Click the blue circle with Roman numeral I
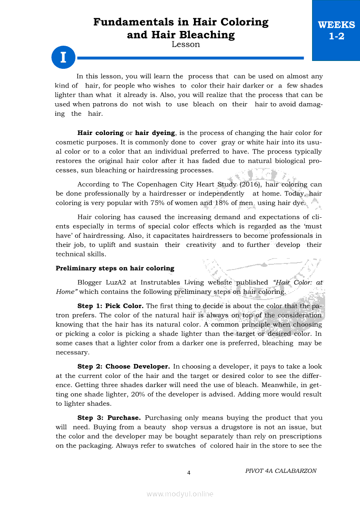(x=63, y=57)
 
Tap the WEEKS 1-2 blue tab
(x=336, y=30)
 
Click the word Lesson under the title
(x=186, y=44)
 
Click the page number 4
(x=189, y=472)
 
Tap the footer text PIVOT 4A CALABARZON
(x=281, y=471)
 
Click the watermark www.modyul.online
(x=180, y=494)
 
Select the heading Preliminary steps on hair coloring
(x=115, y=268)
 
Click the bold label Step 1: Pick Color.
(x=110, y=306)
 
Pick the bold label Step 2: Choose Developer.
(x=123, y=367)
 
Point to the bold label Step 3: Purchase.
(x=109, y=418)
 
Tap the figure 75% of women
(x=176, y=203)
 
